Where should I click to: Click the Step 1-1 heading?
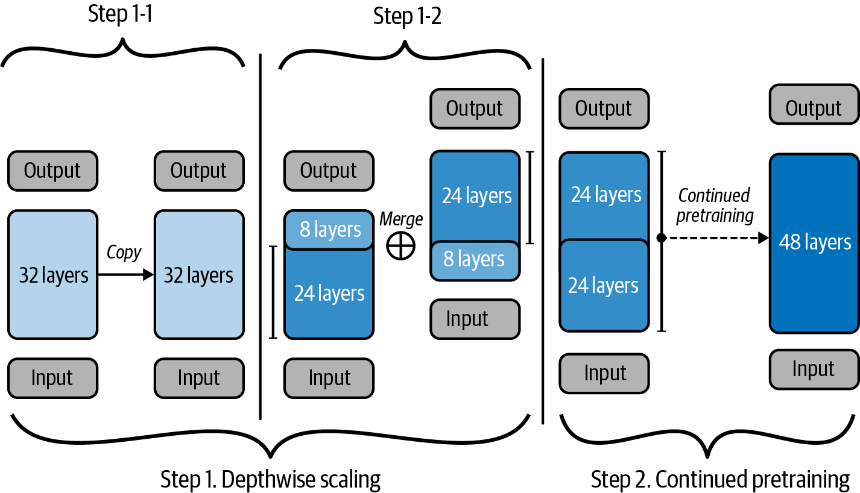click(120, 14)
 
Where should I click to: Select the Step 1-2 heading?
click(407, 16)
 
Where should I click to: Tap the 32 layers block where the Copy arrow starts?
click(52, 275)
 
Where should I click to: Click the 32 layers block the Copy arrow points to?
click(199, 275)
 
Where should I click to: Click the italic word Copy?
click(124, 253)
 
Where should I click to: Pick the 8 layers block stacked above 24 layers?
click(329, 230)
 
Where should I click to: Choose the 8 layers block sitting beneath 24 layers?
click(475, 260)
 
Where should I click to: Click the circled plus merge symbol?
click(401, 246)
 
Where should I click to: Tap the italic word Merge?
click(401, 219)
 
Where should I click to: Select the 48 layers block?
click(814, 243)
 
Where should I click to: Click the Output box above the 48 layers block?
click(814, 108)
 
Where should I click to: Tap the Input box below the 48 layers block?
click(814, 369)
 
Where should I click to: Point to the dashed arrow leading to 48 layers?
click(715, 238)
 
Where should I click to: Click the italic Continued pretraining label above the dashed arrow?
click(715, 206)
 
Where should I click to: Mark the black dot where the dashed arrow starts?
click(661, 238)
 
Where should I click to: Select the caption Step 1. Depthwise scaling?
click(271, 480)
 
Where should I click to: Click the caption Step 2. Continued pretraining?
click(721, 480)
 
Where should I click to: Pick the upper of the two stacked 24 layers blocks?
click(604, 195)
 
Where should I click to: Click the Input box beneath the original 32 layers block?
click(52, 378)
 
